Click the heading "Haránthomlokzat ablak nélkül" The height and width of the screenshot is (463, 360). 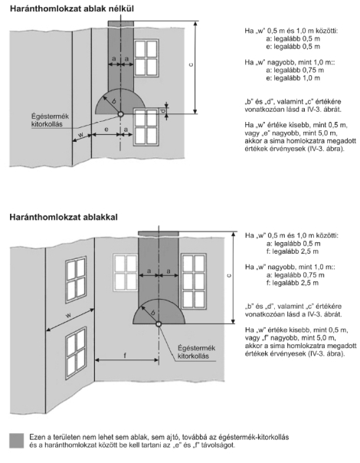click(x=72, y=8)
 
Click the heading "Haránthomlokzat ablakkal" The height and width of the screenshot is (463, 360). click(x=64, y=217)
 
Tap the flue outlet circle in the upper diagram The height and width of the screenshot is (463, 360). click(x=120, y=113)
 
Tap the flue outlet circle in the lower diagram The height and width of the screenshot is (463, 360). click(x=159, y=323)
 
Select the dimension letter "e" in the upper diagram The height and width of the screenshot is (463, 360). click(x=106, y=130)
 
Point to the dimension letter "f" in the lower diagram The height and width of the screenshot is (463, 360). click(x=125, y=355)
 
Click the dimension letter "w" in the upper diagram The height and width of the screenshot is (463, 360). click(x=81, y=135)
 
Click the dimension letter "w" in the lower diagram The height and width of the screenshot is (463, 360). click(x=68, y=315)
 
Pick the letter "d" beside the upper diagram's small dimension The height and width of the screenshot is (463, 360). click(x=162, y=110)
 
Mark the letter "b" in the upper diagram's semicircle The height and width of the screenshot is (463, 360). click(x=114, y=101)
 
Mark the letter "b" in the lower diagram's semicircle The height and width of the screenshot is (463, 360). click(x=153, y=313)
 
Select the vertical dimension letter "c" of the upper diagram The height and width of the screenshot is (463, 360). click(x=191, y=64)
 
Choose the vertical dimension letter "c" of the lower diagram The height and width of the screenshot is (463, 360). click(x=229, y=275)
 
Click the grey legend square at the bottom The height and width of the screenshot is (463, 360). click(x=17, y=441)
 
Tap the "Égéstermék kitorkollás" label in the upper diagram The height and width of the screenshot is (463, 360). click(x=50, y=120)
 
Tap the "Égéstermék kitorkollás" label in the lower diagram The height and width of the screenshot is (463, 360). click(x=196, y=352)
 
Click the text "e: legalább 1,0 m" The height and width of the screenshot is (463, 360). click(x=293, y=78)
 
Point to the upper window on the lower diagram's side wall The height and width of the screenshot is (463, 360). click(x=76, y=279)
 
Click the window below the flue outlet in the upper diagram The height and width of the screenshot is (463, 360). click(x=146, y=127)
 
